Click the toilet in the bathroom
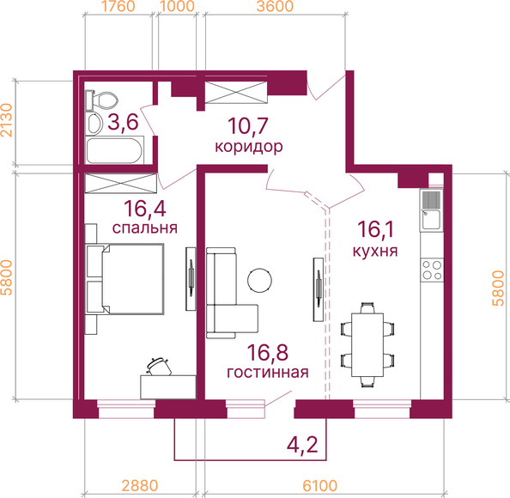[100, 100]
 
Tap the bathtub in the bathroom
[114, 151]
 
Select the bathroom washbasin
[94, 124]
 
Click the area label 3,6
[123, 122]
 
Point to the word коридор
[248, 147]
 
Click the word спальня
[145, 228]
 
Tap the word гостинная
[267, 372]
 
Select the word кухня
[375, 251]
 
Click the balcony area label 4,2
[302, 444]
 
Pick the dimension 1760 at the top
[118, 6]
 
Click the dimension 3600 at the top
[275, 6]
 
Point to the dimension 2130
[7, 120]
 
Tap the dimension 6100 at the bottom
[319, 486]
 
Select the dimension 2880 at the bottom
[140, 486]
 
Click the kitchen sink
[431, 210]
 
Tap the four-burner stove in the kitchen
[432, 270]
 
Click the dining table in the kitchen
[367, 344]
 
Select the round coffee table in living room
[259, 281]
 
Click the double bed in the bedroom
[124, 279]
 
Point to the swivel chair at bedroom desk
[159, 367]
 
